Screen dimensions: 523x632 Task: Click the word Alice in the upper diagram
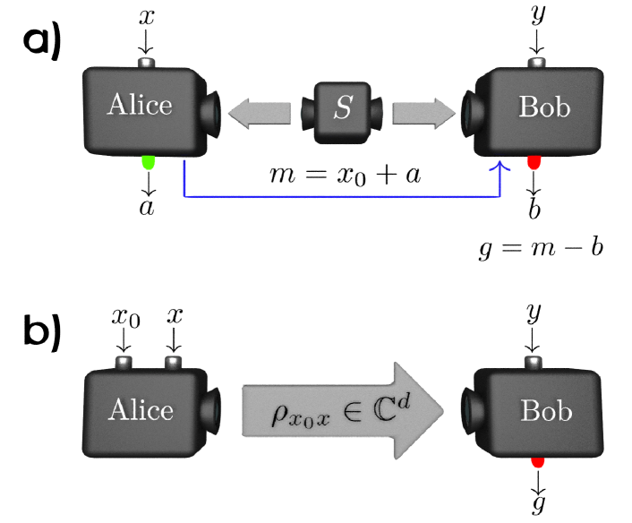140,105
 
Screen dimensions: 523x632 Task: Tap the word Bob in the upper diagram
544,107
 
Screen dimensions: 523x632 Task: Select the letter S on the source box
343,108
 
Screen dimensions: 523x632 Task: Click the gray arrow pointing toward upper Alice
259,113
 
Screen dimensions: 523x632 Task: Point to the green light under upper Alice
149,162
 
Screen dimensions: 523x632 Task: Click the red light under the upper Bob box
534,163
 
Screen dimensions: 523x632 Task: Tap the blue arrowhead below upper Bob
500,167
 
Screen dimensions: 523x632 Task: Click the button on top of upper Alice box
148,64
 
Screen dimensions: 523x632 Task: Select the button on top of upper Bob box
536,64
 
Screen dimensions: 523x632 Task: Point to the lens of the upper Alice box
212,110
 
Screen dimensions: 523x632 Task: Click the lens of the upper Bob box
470,113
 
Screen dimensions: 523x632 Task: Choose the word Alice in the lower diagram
141,410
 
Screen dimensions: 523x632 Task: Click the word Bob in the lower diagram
546,411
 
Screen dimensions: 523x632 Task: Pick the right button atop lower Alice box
173,363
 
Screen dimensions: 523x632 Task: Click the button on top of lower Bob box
534,362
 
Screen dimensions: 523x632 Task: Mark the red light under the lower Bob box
537,462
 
